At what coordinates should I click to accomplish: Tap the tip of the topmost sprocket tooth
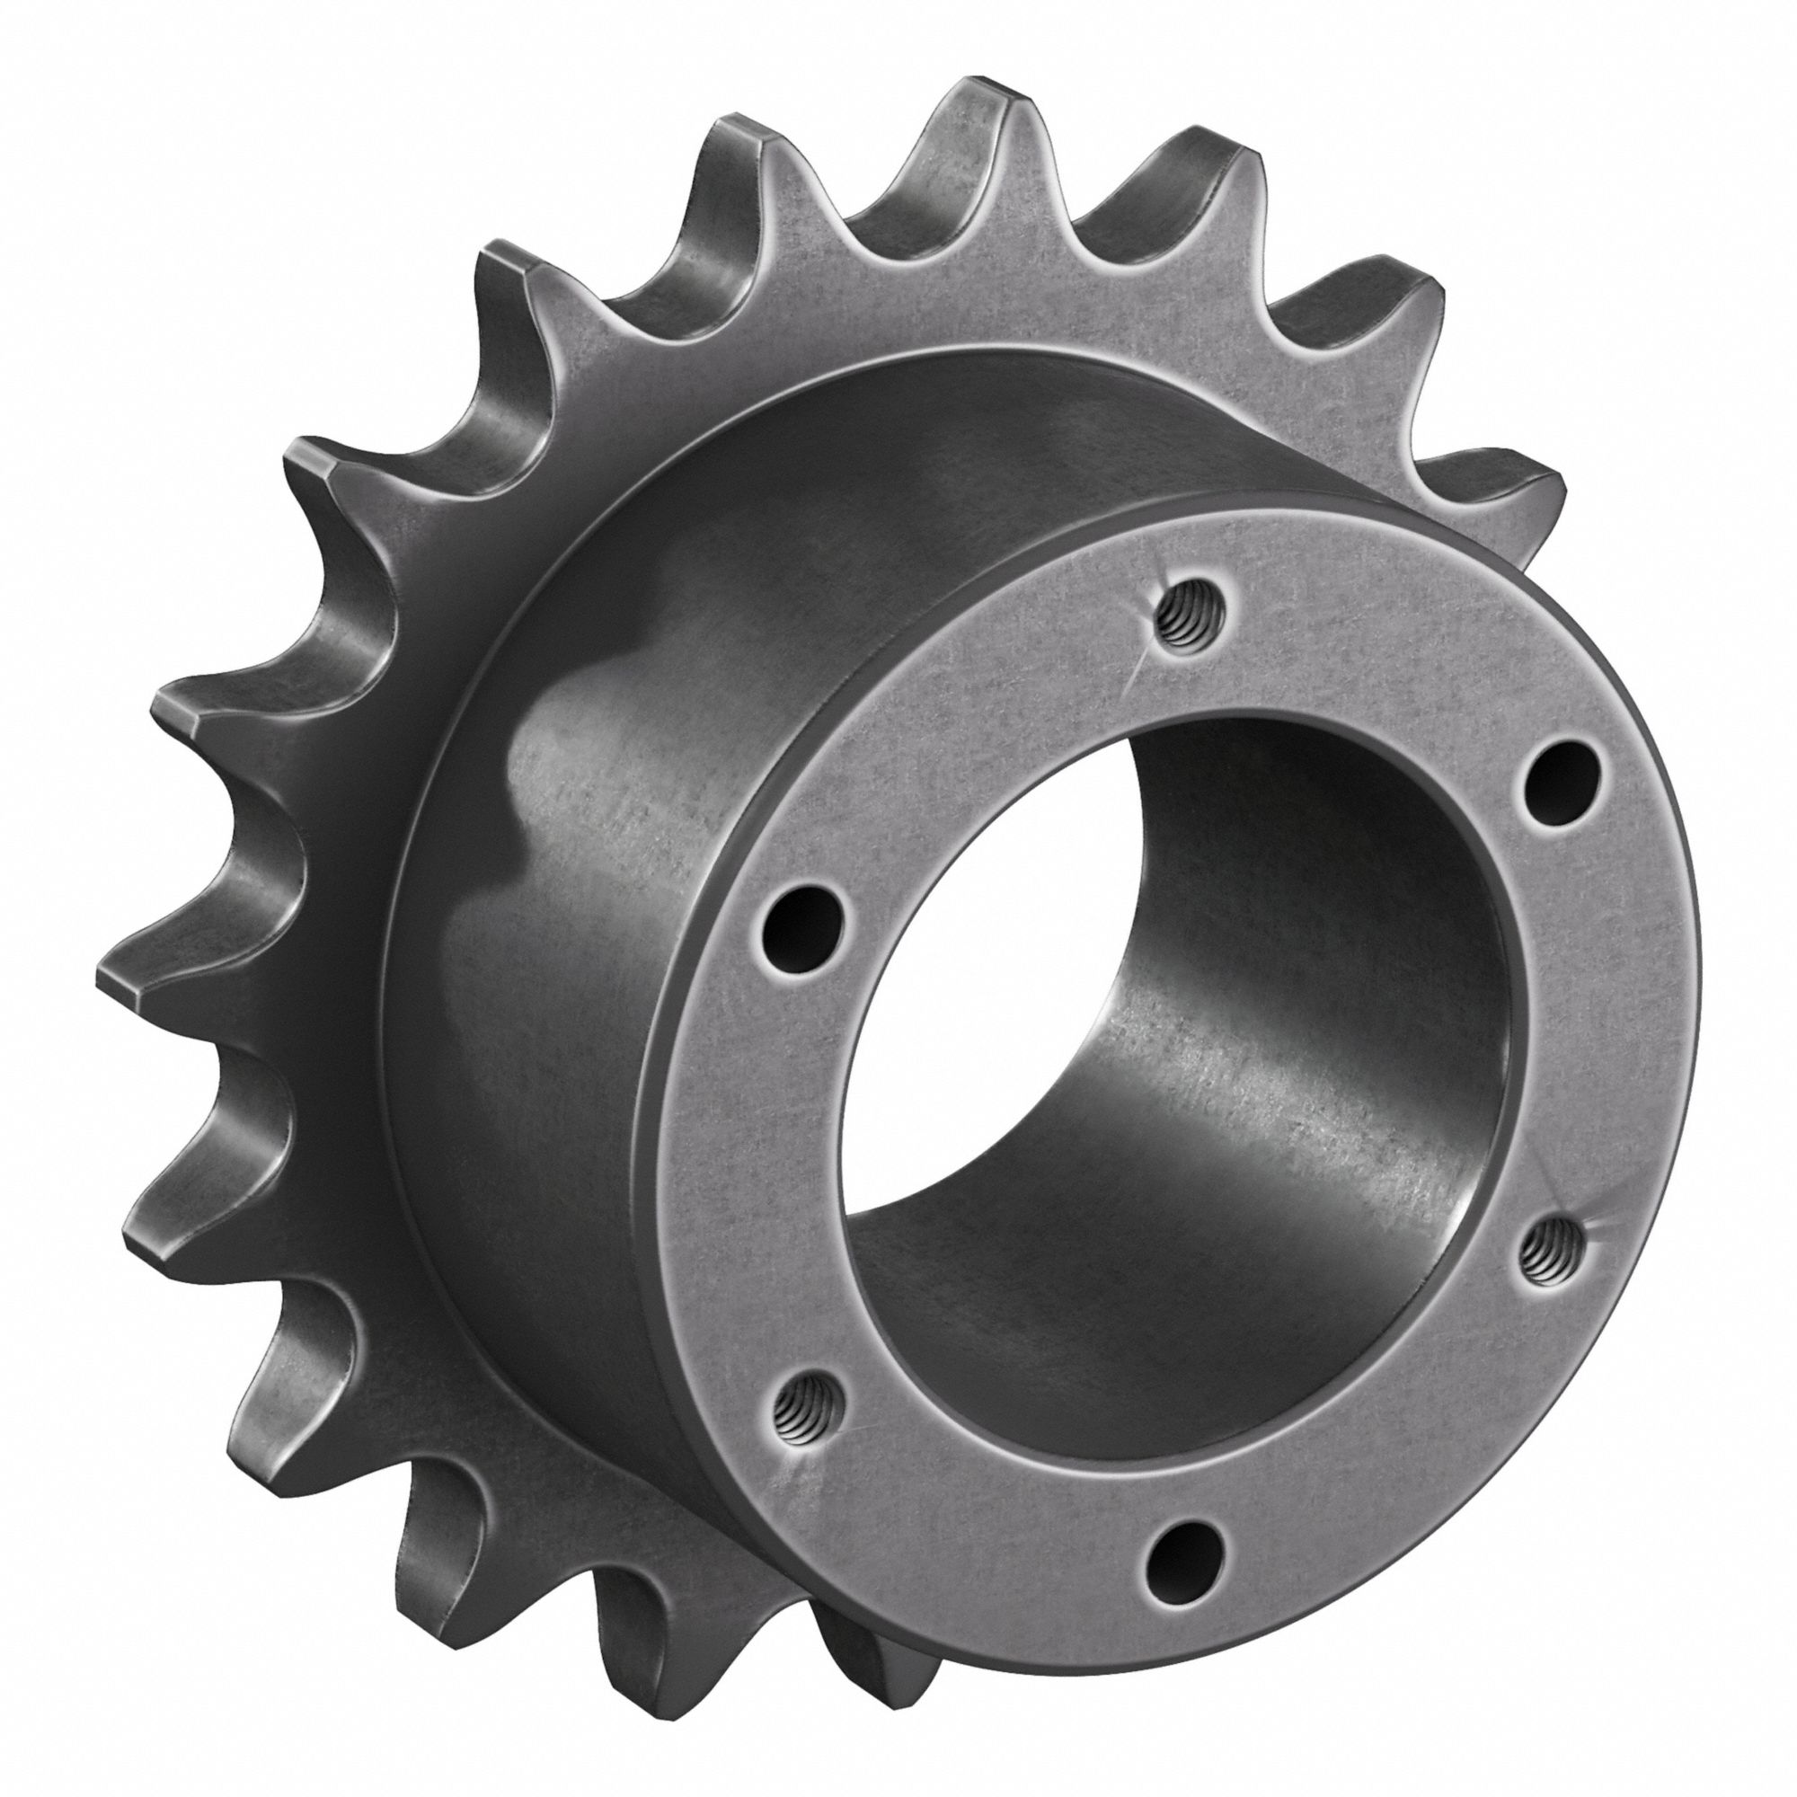pos(986,93)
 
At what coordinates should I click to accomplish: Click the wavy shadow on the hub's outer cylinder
pos(549,800)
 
